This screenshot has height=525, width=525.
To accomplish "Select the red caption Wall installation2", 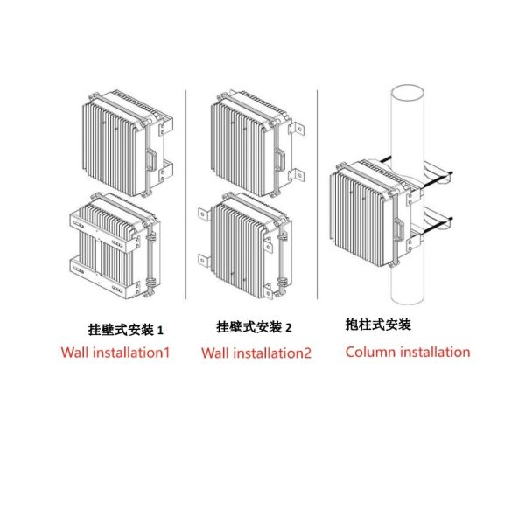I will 255,353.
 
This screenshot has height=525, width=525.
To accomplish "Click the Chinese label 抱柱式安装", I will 378,325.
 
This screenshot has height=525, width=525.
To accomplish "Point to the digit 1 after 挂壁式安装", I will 160,330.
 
